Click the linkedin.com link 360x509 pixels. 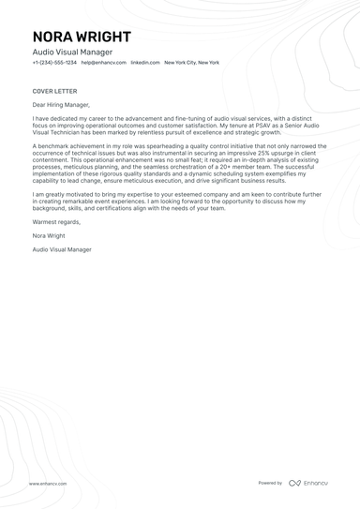tap(145, 62)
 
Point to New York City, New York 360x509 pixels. tap(192, 62)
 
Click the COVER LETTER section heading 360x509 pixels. tap(53, 92)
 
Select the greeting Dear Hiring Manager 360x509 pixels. tap(62, 107)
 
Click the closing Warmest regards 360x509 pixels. tap(56, 222)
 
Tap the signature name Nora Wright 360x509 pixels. tap(50, 236)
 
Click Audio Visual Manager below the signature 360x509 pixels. tap(62, 250)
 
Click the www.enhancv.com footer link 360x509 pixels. tap(47, 484)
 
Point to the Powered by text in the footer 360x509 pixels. tap(270, 483)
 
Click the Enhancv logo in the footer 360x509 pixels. tap(308, 483)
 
